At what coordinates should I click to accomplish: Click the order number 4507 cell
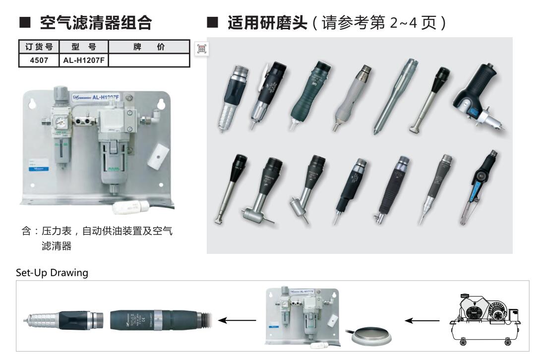pos(39,60)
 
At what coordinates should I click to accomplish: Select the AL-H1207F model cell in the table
pos(83,60)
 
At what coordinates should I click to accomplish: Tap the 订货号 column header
pos(39,47)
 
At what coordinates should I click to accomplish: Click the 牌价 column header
pos(149,47)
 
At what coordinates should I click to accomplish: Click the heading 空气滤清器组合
pos(96,23)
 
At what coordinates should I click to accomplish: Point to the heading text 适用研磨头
pos(267,23)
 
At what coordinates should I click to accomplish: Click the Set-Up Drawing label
pos(52,273)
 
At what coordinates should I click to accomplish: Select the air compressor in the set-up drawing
pos(485,318)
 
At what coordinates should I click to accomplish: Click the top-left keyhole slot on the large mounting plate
pos(32,103)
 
